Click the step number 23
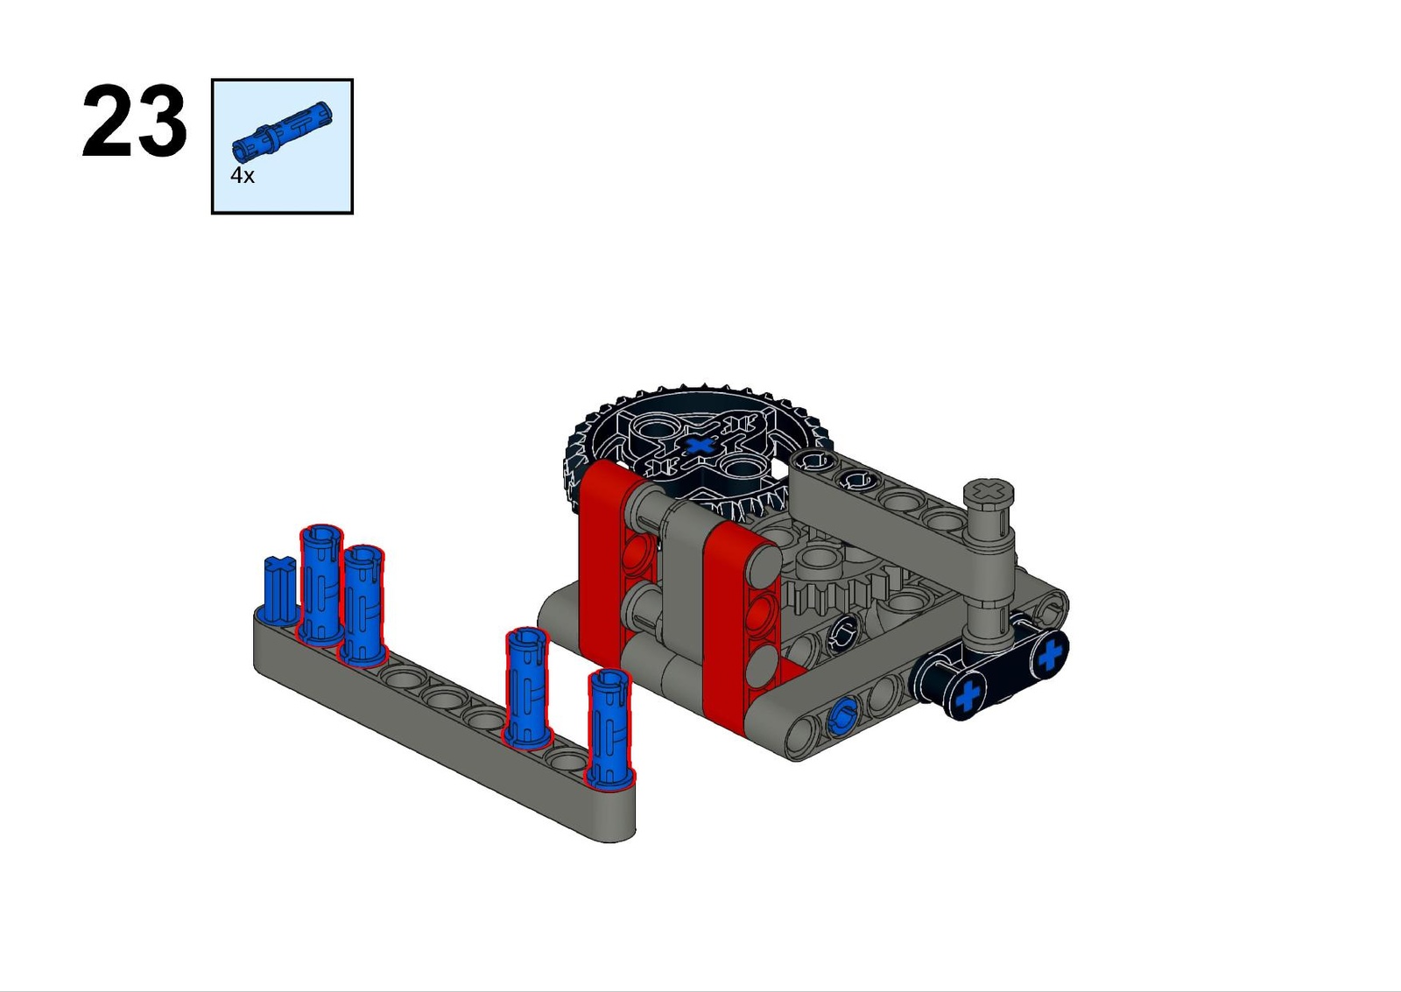coord(134,121)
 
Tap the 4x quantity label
coord(242,176)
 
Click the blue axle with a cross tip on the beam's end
coord(279,589)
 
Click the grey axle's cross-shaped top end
coord(989,489)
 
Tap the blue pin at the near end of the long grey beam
coord(609,729)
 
